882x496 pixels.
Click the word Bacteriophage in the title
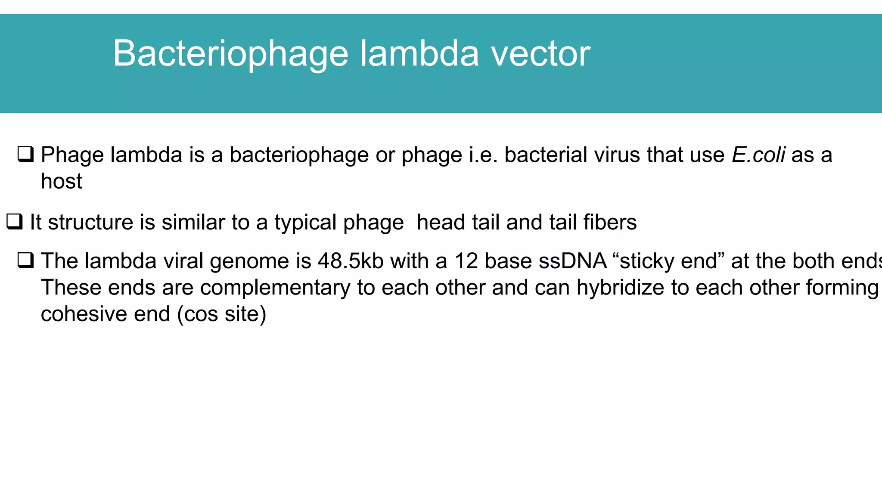pyautogui.click(x=230, y=54)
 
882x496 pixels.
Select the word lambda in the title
pyautogui.click(x=419, y=54)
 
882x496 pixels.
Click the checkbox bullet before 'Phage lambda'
pyautogui.click(x=25, y=154)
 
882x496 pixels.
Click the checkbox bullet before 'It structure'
pyautogui.click(x=14, y=222)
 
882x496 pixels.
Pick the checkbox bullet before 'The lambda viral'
pyautogui.click(x=25, y=260)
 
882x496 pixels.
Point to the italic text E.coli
pyautogui.click(x=758, y=155)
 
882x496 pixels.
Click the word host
pyautogui.click(x=61, y=181)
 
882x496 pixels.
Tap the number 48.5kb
pyautogui.click(x=351, y=261)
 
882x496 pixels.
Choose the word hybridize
pyautogui.click(x=620, y=288)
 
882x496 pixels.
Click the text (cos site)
pyautogui.click(x=222, y=314)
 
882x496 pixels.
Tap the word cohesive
pyautogui.click(x=84, y=314)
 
